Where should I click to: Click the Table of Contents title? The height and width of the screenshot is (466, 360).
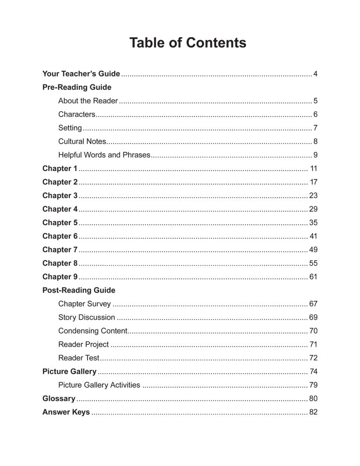click(188, 43)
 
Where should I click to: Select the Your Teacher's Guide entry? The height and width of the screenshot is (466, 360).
click(81, 74)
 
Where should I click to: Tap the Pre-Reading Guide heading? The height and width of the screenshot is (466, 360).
click(77, 87)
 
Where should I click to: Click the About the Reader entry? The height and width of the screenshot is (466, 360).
click(88, 101)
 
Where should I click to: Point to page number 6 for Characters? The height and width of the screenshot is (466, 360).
click(315, 114)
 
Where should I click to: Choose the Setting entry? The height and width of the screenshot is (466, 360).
click(70, 128)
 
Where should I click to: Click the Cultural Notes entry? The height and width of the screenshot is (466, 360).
click(82, 141)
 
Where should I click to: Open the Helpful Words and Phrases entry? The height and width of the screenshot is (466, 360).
click(104, 155)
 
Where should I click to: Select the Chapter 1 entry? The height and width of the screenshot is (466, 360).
click(60, 168)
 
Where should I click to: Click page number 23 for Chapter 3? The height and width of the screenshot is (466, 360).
click(313, 195)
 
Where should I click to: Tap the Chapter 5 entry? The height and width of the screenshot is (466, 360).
click(60, 222)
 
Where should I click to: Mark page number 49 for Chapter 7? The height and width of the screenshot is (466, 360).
click(313, 249)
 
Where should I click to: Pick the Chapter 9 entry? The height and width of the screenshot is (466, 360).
click(60, 277)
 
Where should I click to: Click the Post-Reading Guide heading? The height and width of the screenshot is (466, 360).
click(79, 290)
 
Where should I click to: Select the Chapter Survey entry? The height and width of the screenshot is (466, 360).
click(84, 304)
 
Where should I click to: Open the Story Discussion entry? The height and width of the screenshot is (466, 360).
click(87, 317)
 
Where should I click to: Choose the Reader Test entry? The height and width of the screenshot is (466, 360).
click(79, 358)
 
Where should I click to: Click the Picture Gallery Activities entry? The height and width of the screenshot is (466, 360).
click(99, 385)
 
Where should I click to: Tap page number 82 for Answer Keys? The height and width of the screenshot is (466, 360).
click(313, 412)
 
